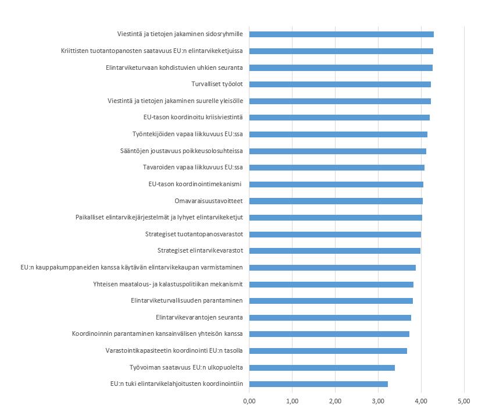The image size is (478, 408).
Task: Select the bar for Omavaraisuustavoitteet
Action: [336, 201]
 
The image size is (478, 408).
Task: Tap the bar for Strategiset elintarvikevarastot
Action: [335, 251]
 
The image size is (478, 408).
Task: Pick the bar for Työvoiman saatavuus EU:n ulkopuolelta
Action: [322, 367]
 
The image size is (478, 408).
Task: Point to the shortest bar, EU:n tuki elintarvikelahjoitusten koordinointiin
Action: [319, 384]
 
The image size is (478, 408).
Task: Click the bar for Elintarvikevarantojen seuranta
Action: [330, 317]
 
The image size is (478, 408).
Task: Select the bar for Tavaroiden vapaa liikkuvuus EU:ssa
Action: [337, 168]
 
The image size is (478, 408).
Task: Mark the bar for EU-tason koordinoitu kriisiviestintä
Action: [340, 118]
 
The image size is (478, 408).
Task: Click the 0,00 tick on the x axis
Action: [249, 401]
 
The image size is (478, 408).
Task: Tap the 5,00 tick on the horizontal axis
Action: [464, 401]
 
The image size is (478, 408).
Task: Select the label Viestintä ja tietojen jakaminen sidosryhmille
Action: [179, 34]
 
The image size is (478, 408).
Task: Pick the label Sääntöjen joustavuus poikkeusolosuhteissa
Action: [181, 151]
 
